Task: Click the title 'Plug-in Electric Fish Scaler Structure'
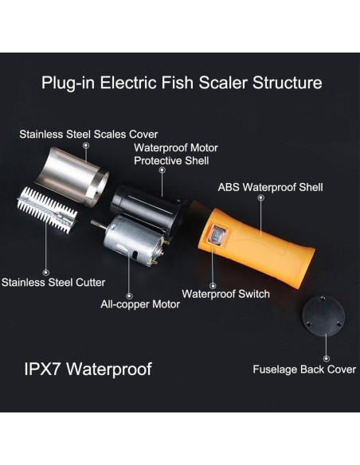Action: (x=182, y=83)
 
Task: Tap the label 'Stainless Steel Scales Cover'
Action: (x=89, y=134)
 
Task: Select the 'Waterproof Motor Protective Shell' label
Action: (x=175, y=154)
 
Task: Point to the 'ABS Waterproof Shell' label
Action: (x=270, y=188)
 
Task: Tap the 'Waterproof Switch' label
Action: (x=225, y=294)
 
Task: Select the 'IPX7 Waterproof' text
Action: (x=87, y=369)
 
